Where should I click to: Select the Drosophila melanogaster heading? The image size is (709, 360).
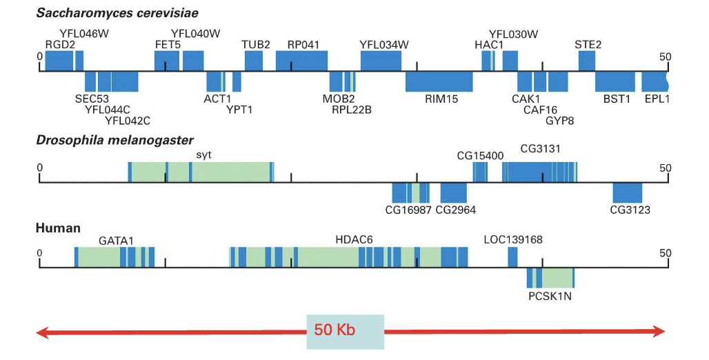(114, 141)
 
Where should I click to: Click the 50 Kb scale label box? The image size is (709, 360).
(345, 331)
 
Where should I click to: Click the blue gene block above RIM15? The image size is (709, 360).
(439, 81)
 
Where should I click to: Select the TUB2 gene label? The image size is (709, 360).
(256, 45)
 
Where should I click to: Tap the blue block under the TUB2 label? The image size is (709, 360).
(254, 60)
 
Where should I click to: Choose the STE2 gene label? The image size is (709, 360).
(588, 45)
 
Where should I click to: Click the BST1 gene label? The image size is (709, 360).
(617, 99)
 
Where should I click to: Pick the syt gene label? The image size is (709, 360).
(203, 154)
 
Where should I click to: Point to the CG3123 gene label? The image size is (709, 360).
(630, 210)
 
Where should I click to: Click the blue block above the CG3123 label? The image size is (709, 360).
(628, 192)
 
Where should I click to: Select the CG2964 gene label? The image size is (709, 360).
(456, 210)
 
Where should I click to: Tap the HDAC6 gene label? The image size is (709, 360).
(354, 239)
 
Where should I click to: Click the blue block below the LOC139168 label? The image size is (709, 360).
(512, 257)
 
